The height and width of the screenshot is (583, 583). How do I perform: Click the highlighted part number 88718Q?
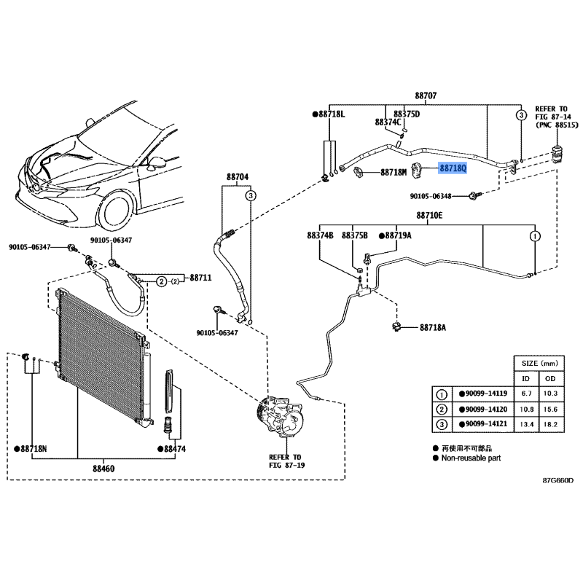point(453,168)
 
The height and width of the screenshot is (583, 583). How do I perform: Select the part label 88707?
point(426,96)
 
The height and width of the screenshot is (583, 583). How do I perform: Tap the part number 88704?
point(238,176)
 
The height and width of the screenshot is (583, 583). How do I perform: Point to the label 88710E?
point(429,215)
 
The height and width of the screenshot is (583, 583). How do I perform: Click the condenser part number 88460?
point(103,469)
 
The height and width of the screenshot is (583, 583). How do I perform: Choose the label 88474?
point(175,449)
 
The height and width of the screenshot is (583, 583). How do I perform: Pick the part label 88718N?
point(34,449)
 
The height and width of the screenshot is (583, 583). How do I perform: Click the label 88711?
point(200,278)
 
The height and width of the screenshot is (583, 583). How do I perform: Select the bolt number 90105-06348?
point(431,196)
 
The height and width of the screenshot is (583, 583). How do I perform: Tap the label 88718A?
point(433,327)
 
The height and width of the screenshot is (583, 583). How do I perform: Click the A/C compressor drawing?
point(280,416)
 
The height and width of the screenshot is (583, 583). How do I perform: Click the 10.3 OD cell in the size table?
point(550,394)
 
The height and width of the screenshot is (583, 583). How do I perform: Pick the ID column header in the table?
point(525,378)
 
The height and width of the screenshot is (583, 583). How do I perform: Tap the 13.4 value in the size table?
point(526,424)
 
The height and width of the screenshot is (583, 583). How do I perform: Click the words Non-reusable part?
point(471,458)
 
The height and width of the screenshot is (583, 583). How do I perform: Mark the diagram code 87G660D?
point(557,480)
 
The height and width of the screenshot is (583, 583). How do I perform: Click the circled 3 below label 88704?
point(251,195)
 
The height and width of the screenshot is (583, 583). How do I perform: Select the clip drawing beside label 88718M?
point(358,172)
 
